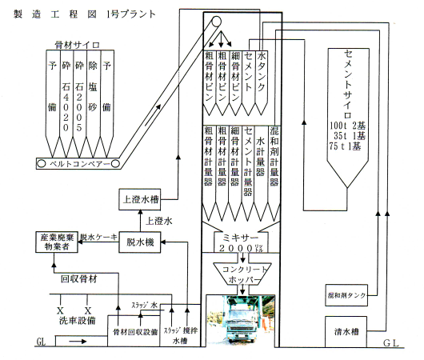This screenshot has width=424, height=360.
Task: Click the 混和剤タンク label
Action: point(346,295)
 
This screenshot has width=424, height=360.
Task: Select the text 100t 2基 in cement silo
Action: point(347,126)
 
